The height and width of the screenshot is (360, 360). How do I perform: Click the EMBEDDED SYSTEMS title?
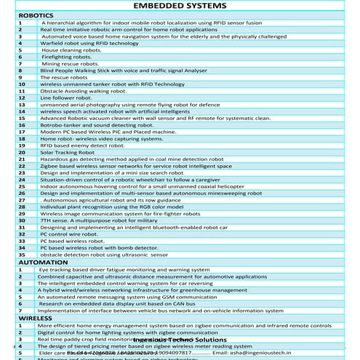pos(180,6)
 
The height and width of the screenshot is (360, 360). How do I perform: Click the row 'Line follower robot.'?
pos(66,97)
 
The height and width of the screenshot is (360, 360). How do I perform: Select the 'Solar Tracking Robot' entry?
pos(68,152)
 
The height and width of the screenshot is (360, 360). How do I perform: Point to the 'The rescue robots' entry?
pos(64,76)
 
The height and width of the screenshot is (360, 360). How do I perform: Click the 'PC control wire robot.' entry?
pos(70,234)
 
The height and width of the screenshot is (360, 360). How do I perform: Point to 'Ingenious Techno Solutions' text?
pos(189,340)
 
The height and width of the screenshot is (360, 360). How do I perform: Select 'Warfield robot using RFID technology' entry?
pos(89,43)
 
